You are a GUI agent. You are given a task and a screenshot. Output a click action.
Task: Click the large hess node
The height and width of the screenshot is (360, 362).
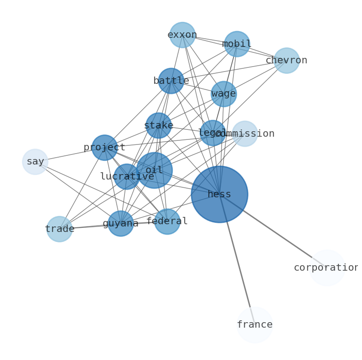click(219, 194)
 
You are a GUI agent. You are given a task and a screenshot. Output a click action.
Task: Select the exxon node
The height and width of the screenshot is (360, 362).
click(182, 35)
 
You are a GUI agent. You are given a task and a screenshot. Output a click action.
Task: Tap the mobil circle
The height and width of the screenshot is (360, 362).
click(237, 44)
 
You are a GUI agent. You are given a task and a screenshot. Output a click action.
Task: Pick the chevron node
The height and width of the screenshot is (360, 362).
click(286, 60)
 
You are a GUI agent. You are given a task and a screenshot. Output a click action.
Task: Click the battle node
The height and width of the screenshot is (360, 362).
click(171, 81)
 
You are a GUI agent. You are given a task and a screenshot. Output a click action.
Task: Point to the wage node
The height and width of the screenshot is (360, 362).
click(223, 94)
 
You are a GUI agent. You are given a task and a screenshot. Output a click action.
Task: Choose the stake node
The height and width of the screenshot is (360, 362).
click(158, 125)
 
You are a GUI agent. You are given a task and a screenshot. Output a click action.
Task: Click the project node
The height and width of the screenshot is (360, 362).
click(104, 147)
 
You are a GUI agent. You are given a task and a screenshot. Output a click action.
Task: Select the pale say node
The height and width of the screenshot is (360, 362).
click(35, 161)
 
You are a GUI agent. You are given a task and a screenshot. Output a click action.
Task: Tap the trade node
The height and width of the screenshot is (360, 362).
click(59, 229)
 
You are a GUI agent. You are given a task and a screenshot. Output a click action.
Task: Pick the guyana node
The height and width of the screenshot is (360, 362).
click(120, 223)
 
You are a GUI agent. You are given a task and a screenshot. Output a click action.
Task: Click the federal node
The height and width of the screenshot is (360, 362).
click(167, 221)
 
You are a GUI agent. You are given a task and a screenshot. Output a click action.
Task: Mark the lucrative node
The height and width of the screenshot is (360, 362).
click(126, 176)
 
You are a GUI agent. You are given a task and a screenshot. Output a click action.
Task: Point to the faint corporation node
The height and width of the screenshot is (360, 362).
click(327, 268)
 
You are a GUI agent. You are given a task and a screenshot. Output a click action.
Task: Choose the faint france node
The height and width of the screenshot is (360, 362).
click(254, 325)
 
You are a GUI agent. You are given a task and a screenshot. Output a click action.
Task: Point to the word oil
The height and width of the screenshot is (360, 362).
click(154, 170)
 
